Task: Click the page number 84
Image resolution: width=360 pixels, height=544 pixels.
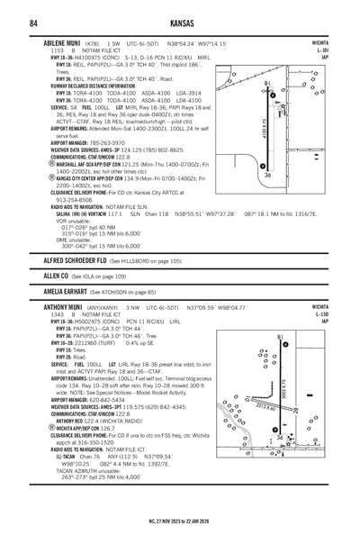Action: click(33, 23)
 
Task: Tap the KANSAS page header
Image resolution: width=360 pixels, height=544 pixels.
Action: click(182, 23)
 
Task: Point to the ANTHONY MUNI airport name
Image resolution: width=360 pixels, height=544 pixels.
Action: click(63, 307)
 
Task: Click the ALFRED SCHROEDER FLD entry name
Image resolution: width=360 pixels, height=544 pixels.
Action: click(75, 260)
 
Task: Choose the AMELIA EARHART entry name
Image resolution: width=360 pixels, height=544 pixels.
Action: click(65, 292)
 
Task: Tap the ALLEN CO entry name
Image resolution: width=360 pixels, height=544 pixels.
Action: click(56, 277)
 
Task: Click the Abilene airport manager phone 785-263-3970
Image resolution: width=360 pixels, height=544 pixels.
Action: click(107, 143)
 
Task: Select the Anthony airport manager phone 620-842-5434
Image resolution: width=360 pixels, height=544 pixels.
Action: click(107, 400)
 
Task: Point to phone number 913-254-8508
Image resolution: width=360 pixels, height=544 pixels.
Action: click(75, 200)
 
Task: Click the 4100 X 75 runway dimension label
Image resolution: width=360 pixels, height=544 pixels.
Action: click(265, 129)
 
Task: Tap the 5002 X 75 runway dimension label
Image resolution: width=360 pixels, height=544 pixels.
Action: click(283, 388)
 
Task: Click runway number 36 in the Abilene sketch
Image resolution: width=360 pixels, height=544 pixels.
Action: click(267, 176)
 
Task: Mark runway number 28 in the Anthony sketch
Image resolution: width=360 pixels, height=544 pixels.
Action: click(295, 411)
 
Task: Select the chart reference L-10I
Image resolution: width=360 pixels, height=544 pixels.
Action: click(322, 50)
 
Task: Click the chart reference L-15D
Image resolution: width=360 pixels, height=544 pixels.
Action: click(322, 314)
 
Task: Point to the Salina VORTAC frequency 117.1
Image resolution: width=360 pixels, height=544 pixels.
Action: click(115, 214)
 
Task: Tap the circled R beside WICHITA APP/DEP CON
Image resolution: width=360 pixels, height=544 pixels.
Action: click(52, 428)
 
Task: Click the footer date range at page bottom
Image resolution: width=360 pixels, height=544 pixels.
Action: click(179, 521)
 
